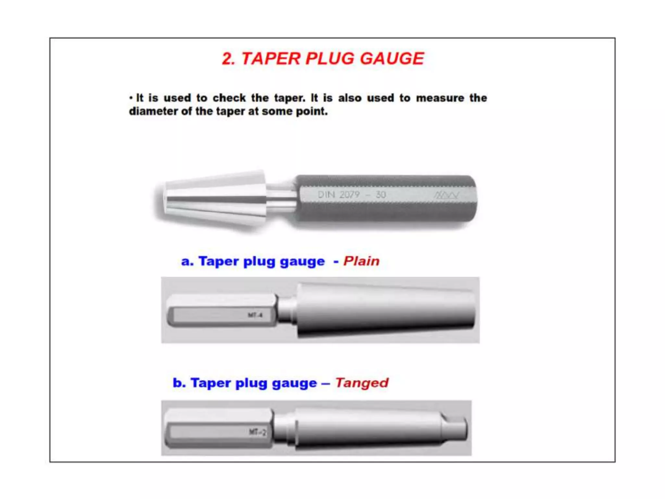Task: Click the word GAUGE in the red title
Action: (392, 59)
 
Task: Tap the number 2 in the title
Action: (228, 59)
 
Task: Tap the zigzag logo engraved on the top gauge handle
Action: (446, 195)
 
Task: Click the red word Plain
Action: (361, 261)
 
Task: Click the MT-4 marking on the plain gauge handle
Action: (255, 315)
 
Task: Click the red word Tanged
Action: (361, 383)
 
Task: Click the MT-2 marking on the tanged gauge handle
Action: (257, 432)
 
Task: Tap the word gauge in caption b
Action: (294, 384)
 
